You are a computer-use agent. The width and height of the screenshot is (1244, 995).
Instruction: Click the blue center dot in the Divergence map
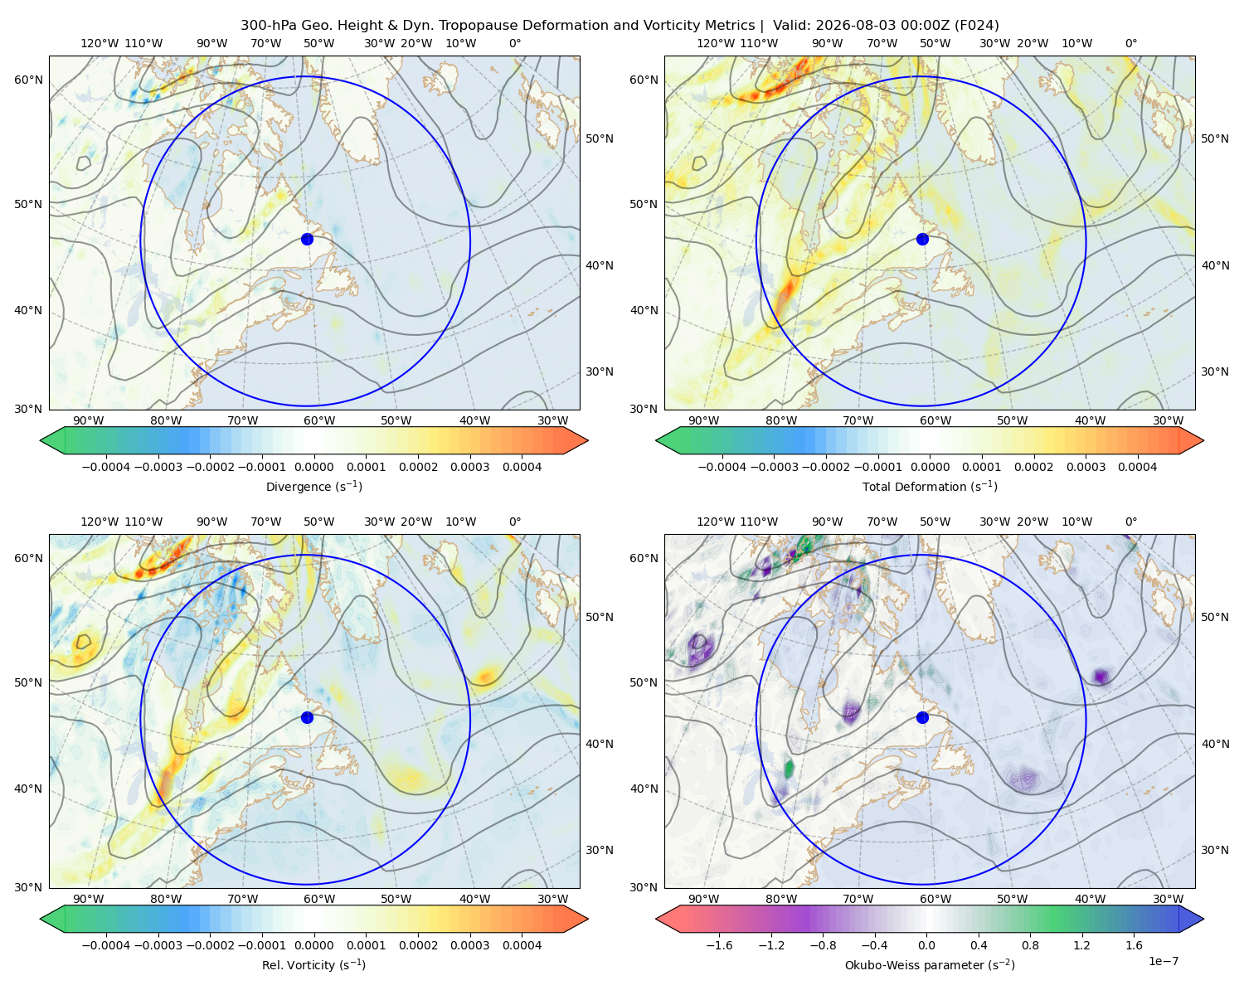click(x=307, y=239)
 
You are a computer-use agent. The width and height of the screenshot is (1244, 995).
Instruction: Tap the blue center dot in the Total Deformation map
click(x=922, y=239)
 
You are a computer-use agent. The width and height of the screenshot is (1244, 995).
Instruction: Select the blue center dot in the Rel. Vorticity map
click(x=307, y=717)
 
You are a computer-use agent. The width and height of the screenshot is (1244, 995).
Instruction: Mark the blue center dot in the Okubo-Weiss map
click(x=922, y=717)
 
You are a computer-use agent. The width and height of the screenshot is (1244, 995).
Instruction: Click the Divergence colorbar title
click(x=313, y=487)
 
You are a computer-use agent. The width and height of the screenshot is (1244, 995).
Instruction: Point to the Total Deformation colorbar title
click(x=930, y=487)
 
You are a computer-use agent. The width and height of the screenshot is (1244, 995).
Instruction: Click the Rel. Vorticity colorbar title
click(x=313, y=965)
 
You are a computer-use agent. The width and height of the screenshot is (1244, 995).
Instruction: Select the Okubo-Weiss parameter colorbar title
click(x=930, y=965)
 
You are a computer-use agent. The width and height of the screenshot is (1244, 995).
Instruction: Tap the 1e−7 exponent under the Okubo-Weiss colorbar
click(x=1163, y=962)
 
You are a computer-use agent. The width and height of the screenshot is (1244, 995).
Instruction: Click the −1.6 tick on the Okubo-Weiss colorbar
click(x=719, y=945)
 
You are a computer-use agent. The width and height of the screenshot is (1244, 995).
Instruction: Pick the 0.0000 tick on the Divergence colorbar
click(x=313, y=467)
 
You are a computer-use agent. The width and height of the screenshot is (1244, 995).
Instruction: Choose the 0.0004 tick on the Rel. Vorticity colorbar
click(x=522, y=945)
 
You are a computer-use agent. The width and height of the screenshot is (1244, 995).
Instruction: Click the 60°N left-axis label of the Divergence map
click(x=28, y=80)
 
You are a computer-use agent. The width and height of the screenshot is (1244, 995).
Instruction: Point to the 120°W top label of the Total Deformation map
click(x=716, y=43)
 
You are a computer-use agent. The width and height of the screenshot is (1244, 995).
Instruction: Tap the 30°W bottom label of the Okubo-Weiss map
click(x=1169, y=899)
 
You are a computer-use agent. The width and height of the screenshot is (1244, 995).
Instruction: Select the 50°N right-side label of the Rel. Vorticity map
click(x=600, y=617)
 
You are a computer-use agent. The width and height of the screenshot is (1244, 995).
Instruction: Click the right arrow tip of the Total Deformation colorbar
click(x=1203, y=440)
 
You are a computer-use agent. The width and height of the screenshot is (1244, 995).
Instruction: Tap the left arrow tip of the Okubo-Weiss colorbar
click(x=656, y=920)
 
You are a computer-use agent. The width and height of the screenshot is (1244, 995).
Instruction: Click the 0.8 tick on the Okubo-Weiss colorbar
click(x=1030, y=945)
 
